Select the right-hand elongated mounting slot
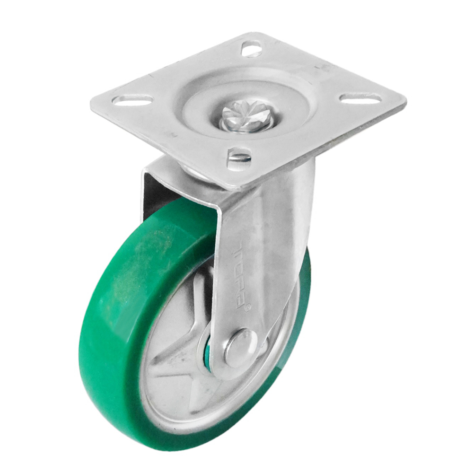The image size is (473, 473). pyautogui.click(x=360, y=98)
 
